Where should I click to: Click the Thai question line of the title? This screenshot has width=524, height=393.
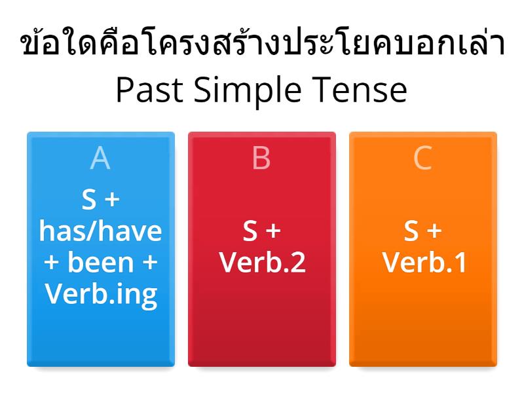coord(262,45)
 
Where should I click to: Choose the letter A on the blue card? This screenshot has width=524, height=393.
coord(100,159)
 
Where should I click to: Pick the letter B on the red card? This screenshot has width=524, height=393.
coord(261,159)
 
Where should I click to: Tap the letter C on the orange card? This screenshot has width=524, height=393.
coord(423,159)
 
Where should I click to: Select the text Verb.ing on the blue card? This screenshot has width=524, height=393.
coord(100,294)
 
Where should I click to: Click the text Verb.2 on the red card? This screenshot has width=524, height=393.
coord(262,263)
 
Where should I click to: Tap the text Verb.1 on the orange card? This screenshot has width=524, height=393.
coord(424,263)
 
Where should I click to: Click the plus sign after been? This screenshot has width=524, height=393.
coord(150,263)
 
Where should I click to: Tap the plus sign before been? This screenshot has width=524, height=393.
coord(50,263)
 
